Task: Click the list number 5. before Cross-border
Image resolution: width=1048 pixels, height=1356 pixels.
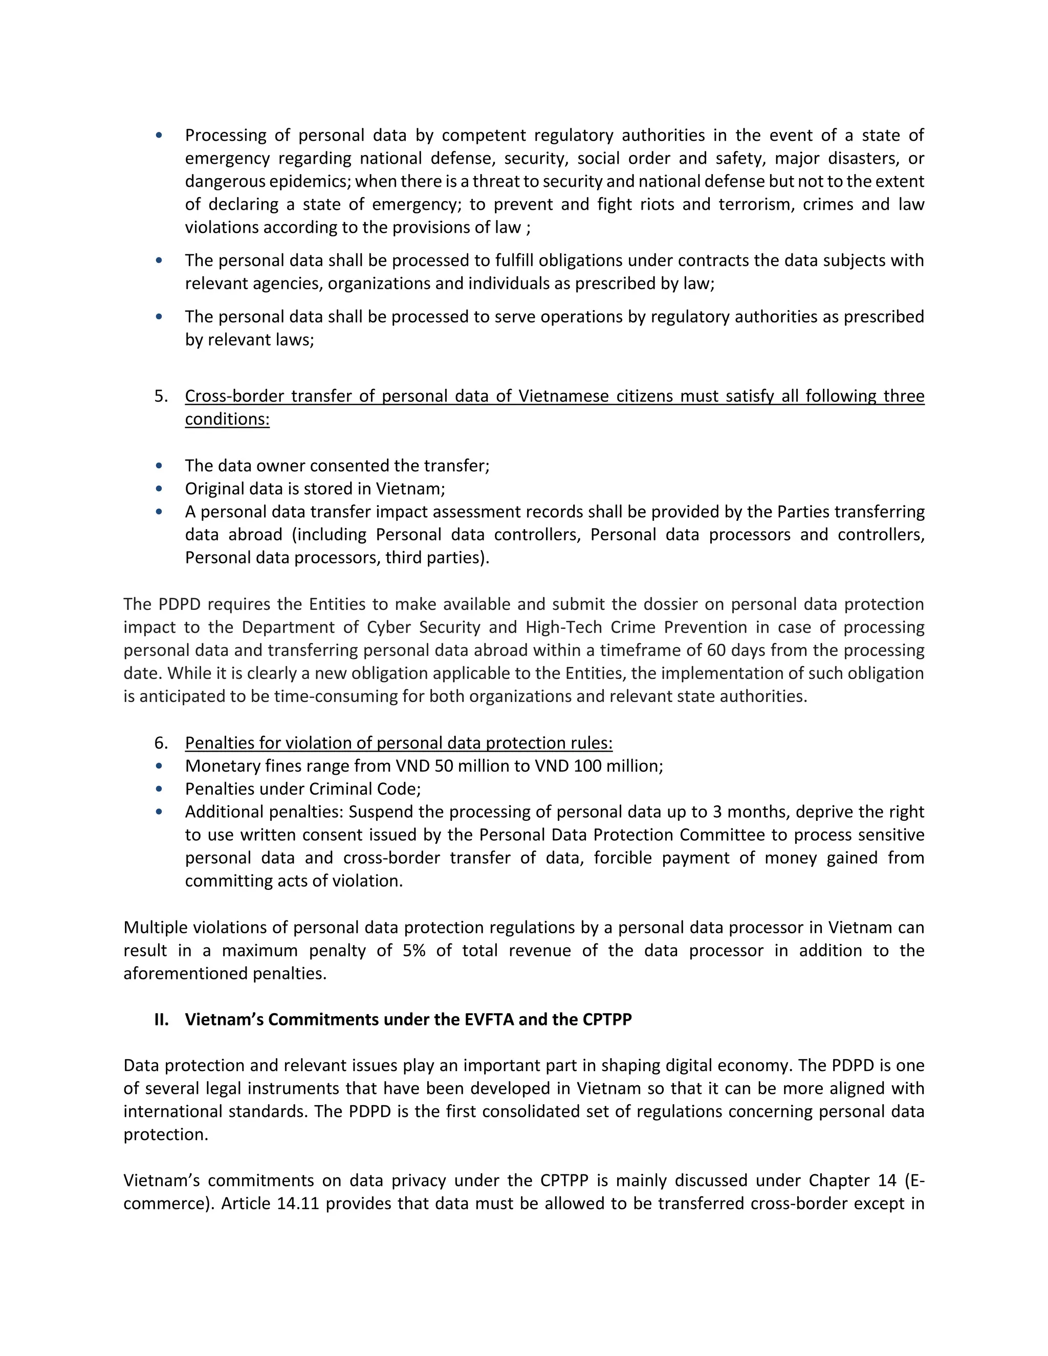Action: (161, 396)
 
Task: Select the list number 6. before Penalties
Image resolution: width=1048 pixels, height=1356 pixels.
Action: (161, 743)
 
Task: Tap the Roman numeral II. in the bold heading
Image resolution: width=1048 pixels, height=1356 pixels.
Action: (161, 1019)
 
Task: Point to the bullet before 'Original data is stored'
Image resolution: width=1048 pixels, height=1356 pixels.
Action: (159, 489)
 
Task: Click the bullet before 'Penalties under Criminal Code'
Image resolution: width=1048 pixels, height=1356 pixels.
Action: (159, 789)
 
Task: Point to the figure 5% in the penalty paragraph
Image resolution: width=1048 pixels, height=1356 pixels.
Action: (413, 951)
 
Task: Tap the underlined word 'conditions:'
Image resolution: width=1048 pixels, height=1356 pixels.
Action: (227, 419)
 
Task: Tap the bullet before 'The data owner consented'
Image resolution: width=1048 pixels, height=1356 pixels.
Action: (159, 466)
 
